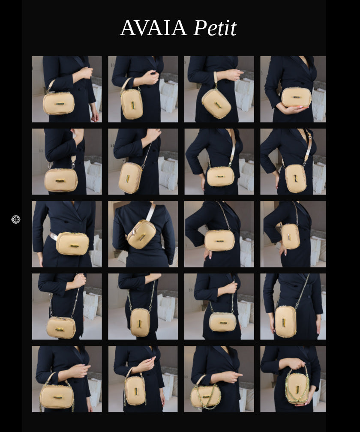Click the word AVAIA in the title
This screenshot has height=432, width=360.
pos(153,28)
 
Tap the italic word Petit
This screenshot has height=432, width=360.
pos(215,28)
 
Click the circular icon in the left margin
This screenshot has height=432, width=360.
pos(16,219)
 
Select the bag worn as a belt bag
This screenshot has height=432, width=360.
pos(72,243)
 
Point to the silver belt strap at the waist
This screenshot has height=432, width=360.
pos(54,236)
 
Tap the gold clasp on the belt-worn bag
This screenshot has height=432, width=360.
pos(74,246)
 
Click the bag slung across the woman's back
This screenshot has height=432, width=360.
pos(141,234)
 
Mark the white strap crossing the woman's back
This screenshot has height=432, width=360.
pos(150,212)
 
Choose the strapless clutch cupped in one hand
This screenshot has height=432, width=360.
pos(296,97)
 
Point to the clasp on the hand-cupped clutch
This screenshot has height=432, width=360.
pos(297,98)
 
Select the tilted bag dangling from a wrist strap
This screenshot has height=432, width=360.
pos(216,103)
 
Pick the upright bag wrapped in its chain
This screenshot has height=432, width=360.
pos(297,388)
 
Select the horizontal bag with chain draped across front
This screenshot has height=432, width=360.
pos(206,396)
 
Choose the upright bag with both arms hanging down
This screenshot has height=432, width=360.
pos(285,321)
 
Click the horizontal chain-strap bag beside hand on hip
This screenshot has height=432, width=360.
pos(219,240)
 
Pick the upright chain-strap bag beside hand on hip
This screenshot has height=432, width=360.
pos(290,236)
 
